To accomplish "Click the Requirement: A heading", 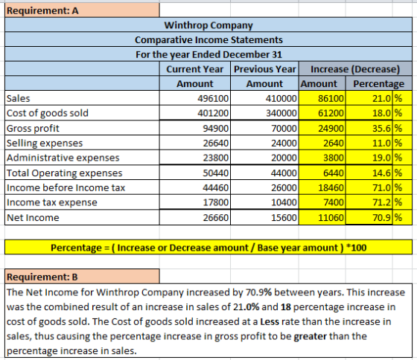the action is (42, 10).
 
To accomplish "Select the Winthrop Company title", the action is (208, 25).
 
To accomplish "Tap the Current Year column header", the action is (194, 69).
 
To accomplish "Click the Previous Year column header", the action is (264, 69).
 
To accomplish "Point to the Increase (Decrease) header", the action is (355, 69).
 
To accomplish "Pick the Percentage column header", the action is (378, 84).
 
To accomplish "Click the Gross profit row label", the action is (33, 129).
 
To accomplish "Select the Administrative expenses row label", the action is (63, 158).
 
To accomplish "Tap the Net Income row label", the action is (33, 218).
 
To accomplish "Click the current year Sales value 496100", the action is (213, 99).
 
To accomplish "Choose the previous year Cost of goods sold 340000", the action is (281, 113).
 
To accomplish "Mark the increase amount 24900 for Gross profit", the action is (331, 129).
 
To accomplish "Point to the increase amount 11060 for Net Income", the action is (331, 218).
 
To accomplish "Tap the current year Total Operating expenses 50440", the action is (215, 173).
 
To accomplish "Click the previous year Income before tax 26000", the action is (284, 188).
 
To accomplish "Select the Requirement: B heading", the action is (42, 277).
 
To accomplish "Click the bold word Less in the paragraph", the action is (270, 322).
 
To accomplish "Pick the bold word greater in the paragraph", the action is (310, 337).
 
